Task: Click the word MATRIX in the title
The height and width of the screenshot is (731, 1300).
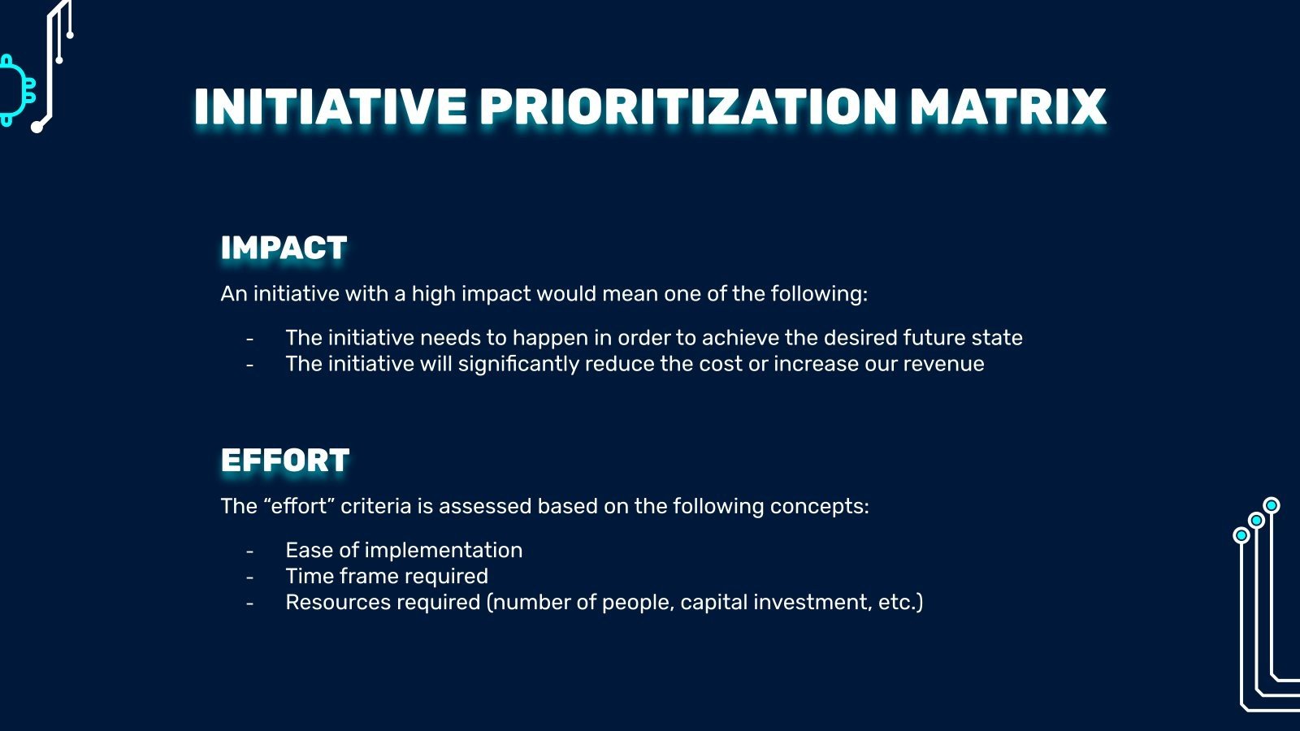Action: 1007,107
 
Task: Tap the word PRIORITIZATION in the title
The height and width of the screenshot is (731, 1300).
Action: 687,107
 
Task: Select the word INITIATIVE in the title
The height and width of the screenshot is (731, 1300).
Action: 330,107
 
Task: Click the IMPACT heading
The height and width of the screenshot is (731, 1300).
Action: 284,248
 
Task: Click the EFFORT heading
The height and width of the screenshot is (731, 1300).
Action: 285,461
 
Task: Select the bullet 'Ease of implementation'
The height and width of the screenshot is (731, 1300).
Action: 404,550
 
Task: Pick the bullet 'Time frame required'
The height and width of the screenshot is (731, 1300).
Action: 387,577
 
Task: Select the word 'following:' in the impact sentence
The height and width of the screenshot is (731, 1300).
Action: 819,294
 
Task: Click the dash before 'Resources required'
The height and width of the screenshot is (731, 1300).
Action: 250,603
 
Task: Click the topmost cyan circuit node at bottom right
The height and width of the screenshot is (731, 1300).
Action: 1271,505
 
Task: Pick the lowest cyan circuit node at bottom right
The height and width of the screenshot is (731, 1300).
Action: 1241,535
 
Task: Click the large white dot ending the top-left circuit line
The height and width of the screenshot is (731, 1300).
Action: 37,127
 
